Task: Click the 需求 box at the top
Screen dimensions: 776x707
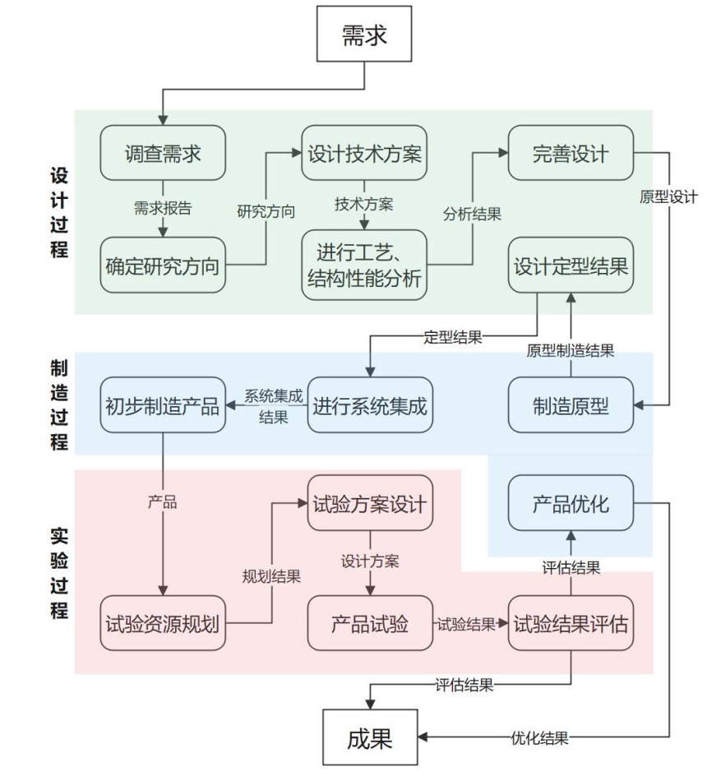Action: [363, 35]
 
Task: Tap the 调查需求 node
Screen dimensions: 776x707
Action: [163, 153]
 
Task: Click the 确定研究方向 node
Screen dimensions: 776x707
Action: [163, 265]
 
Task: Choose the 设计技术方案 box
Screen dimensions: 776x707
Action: [365, 153]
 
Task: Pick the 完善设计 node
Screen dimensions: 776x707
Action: [571, 153]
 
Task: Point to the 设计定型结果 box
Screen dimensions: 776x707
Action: [571, 265]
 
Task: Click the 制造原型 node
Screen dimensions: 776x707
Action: [571, 404]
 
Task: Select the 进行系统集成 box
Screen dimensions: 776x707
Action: [369, 404]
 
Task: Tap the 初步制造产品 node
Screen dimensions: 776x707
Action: [163, 404]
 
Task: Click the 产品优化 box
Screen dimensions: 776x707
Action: [571, 502]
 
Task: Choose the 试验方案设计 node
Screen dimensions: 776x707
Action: [369, 502]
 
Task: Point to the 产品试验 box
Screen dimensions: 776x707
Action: [369, 623]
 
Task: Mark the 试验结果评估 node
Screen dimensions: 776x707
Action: [571, 623]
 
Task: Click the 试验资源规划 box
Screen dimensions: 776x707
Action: [163, 623]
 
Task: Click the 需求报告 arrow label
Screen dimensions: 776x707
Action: [163, 208]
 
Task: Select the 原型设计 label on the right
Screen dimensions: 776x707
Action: [668, 196]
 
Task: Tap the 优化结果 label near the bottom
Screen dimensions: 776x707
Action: [539, 737]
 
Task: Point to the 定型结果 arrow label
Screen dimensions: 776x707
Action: [453, 336]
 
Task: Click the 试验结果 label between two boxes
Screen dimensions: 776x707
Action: [465, 624]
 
